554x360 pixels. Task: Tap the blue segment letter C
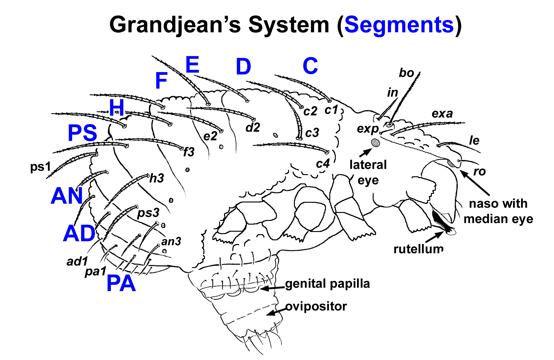pyautogui.click(x=310, y=66)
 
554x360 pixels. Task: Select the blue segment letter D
pyautogui.click(x=243, y=66)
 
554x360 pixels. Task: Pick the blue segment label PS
pyautogui.click(x=82, y=133)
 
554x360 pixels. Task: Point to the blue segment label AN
pyautogui.click(x=67, y=196)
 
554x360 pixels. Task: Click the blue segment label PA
pyautogui.click(x=121, y=283)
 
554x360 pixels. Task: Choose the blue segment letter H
pyautogui.click(x=117, y=108)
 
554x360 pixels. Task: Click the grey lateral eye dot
pyautogui.click(x=375, y=142)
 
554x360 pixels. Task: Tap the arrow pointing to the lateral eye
pyautogui.click(x=366, y=153)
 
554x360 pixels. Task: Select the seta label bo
pyautogui.click(x=406, y=73)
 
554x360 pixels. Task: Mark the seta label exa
pyautogui.click(x=442, y=114)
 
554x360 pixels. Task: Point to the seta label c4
pyautogui.click(x=323, y=164)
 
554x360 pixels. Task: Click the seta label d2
pyautogui.click(x=253, y=127)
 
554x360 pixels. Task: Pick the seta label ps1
pyautogui.click(x=40, y=167)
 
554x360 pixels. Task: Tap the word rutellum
pyautogui.click(x=418, y=249)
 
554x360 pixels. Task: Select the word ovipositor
pyautogui.click(x=316, y=306)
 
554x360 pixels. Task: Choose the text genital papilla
pyautogui.click(x=327, y=284)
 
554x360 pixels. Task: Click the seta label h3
pyautogui.click(x=157, y=178)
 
